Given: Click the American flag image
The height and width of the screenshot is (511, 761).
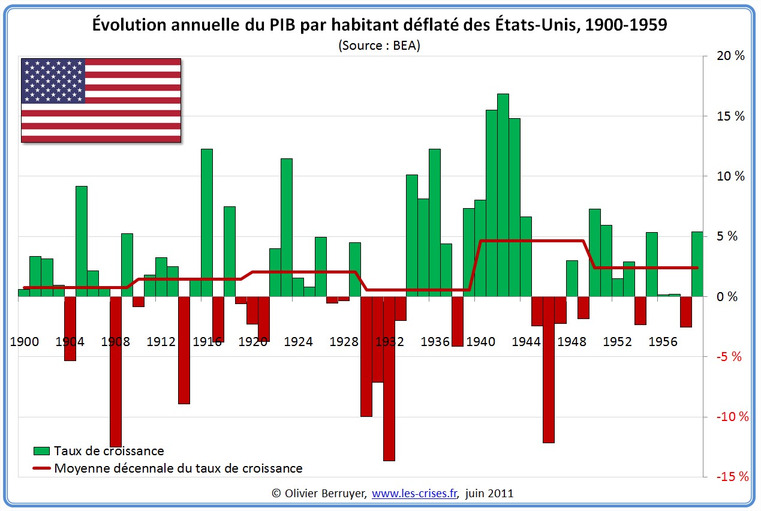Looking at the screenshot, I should click(101, 100).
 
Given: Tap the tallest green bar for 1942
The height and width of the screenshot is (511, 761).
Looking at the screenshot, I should click(503, 195).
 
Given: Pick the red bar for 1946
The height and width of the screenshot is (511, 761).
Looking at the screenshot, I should click(549, 369).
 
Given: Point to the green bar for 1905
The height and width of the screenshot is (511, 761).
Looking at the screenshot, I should click(82, 241).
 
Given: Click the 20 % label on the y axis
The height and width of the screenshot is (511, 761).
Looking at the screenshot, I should click(730, 56).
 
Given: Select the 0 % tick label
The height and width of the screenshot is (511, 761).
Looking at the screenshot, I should click(730, 296).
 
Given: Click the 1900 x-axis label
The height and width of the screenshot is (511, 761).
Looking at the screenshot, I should click(25, 342).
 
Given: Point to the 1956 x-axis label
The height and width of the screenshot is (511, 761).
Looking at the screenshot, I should click(663, 342).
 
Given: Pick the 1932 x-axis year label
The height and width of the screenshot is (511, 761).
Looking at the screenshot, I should click(389, 342).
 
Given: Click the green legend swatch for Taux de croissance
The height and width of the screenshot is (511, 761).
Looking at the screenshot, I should click(41, 450).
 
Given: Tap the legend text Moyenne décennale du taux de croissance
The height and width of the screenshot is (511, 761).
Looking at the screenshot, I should click(178, 468).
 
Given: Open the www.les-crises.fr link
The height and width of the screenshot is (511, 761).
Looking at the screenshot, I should click(414, 494).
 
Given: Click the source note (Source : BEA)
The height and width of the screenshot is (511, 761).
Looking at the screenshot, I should click(379, 45).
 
